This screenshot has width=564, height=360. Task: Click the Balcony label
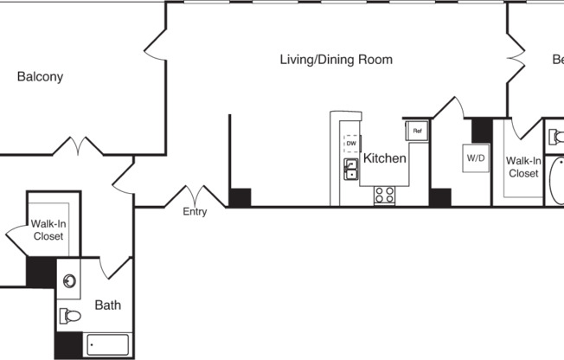coord(40,76)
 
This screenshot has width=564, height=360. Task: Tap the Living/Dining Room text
coord(336,60)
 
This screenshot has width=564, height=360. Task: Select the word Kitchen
coord(384,158)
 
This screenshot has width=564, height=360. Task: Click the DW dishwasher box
coord(351,143)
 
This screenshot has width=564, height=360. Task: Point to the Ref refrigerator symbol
coord(416,131)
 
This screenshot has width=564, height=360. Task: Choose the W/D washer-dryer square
coord(476,158)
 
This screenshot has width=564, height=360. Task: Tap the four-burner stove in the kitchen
coord(384,196)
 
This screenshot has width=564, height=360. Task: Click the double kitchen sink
coord(351,169)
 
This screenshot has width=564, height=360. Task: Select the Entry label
coord(195,212)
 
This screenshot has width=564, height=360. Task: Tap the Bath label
coord(108,305)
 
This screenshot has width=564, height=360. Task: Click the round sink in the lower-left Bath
coord(70,280)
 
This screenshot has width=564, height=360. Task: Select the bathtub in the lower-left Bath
coord(106,345)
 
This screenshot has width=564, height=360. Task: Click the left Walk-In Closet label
coord(48,230)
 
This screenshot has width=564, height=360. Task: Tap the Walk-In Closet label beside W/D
coord(523,167)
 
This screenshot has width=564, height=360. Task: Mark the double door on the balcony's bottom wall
coord(79,145)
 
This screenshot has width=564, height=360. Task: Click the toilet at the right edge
coord(556,136)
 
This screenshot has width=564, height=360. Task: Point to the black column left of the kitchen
coord(240,197)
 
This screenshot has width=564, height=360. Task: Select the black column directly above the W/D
coord(481,129)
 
